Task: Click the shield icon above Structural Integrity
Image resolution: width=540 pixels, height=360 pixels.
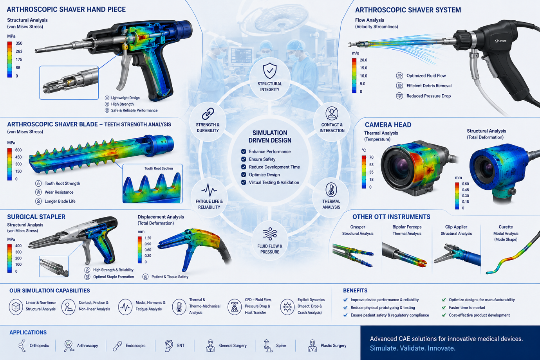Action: pyautogui.click(x=270, y=70)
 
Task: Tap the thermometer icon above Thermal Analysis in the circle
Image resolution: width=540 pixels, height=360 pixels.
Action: pyautogui.click(x=331, y=190)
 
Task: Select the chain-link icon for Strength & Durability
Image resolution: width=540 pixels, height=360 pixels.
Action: pyautogui.click(x=208, y=113)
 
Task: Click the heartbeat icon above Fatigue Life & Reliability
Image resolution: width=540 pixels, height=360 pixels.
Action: pyautogui.click(x=209, y=190)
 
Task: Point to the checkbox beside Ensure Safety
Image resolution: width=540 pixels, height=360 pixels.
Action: pyautogui.click(x=244, y=159)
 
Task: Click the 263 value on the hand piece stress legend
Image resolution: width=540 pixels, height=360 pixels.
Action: pyautogui.click(x=19, y=51)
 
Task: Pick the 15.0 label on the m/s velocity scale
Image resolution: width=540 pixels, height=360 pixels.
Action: pyautogui.click(x=363, y=68)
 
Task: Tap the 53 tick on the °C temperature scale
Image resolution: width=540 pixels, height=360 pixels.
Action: pyautogui.click(x=371, y=165)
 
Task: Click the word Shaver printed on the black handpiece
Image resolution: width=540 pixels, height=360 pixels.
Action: pyautogui.click(x=500, y=41)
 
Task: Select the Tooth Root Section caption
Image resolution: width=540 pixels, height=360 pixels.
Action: pyautogui.click(x=159, y=168)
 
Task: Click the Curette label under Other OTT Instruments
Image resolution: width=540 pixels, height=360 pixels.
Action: pyautogui.click(x=506, y=227)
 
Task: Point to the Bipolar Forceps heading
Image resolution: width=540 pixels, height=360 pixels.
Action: pyautogui.click(x=407, y=227)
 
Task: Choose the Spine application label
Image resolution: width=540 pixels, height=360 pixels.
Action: pyautogui.click(x=281, y=346)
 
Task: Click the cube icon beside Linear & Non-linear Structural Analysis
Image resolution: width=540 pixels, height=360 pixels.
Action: pyautogui.click(x=16, y=307)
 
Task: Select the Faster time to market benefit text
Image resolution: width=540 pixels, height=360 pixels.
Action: pyautogui.click(x=467, y=308)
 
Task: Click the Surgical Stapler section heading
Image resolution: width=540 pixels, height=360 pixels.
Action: pyautogui.click(x=36, y=217)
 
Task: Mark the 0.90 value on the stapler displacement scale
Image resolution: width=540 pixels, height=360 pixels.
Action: pyautogui.click(x=148, y=244)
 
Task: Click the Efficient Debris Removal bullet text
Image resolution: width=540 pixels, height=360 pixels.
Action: pyautogui.click(x=429, y=86)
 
